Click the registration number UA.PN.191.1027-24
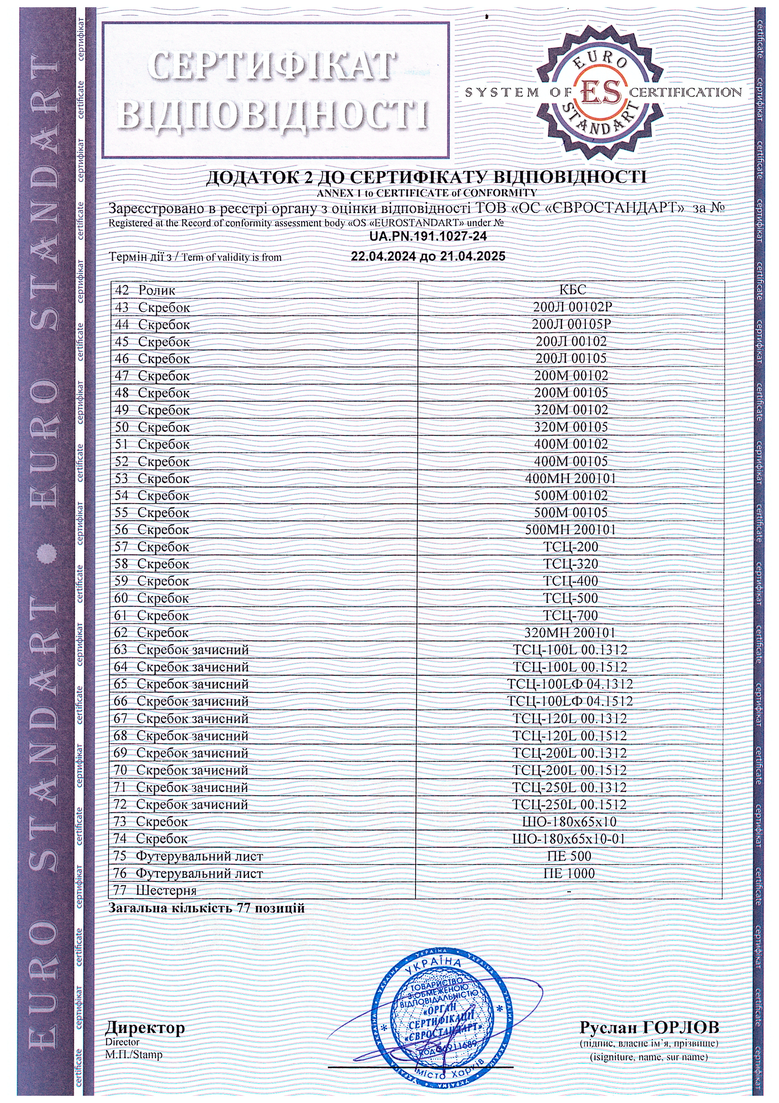pyautogui.click(x=428, y=236)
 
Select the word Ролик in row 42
pyautogui.click(x=156, y=291)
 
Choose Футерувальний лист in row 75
pyautogui.click(x=199, y=856)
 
